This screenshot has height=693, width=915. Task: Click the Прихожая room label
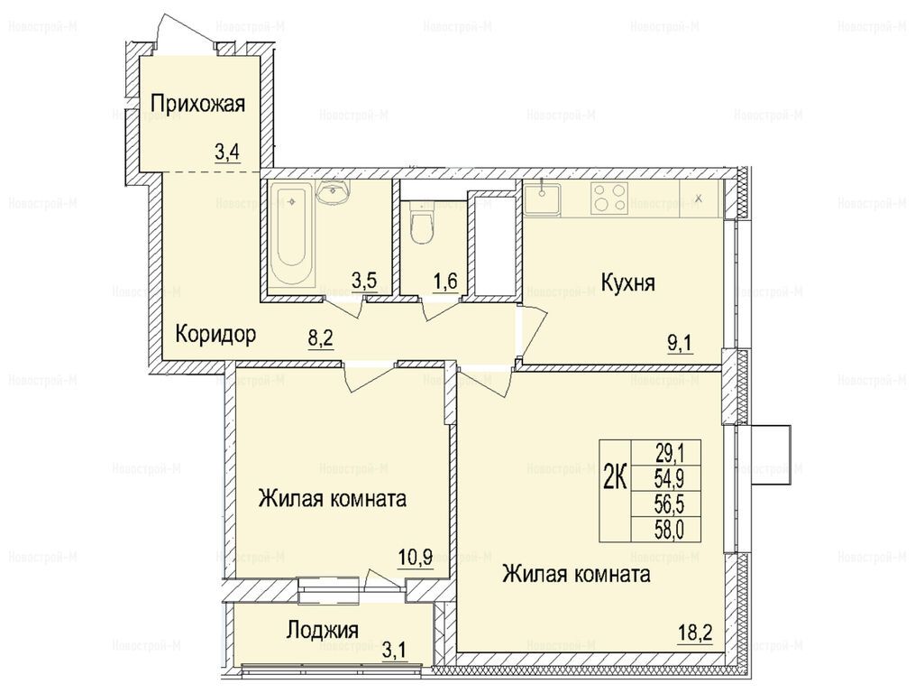click(197, 104)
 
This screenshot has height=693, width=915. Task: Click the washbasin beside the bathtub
click(334, 190)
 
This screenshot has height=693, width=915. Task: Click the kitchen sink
click(542, 199)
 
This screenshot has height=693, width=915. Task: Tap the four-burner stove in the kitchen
click(609, 198)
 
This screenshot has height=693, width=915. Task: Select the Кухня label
click(628, 282)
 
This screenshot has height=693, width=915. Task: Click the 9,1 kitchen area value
click(680, 344)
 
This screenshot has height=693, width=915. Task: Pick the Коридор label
click(215, 335)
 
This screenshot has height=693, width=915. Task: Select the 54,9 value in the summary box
click(670, 478)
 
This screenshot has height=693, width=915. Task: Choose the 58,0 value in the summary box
click(670, 530)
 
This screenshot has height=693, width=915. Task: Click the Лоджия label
click(322, 631)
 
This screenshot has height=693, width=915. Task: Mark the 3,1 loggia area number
click(395, 650)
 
